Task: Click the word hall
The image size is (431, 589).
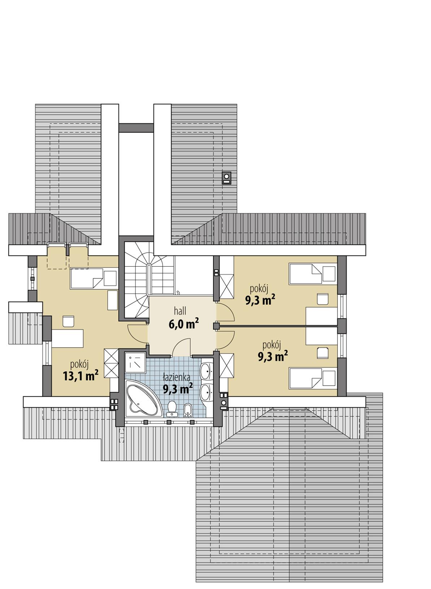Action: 180,311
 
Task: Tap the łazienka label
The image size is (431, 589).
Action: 176,378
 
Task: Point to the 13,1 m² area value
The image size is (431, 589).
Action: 81,376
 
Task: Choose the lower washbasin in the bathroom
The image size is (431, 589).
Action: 207,391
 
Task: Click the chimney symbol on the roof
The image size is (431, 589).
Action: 227,177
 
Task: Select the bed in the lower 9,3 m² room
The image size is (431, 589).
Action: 312,378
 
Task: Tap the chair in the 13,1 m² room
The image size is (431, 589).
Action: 68,321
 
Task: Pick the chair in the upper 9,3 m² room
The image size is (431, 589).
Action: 322,299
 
